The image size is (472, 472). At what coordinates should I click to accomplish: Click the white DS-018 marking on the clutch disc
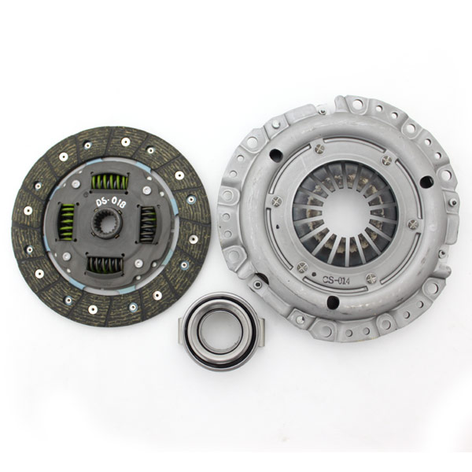pos(111,203)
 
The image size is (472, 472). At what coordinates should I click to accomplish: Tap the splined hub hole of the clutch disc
pos(106,223)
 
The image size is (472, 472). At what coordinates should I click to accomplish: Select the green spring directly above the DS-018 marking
pos(110,183)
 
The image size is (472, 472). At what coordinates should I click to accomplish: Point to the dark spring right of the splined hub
pos(148,224)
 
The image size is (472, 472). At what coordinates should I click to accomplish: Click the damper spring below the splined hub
pos(105,265)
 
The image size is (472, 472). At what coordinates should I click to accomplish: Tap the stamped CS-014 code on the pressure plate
pos(336,281)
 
